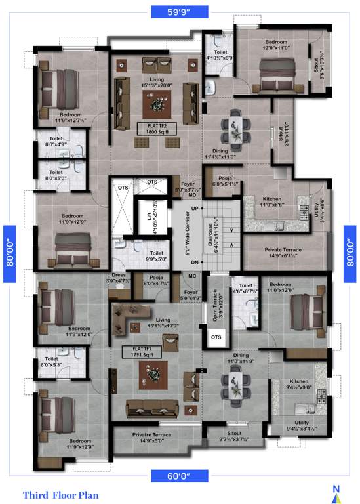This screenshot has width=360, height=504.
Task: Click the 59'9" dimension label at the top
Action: pyautogui.click(x=179, y=11)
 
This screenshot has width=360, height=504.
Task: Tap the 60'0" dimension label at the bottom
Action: pyautogui.click(x=179, y=474)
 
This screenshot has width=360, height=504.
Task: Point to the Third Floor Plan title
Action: pyautogui.click(x=60, y=494)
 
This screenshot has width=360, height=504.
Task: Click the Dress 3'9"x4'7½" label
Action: pyautogui.click(x=120, y=279)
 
